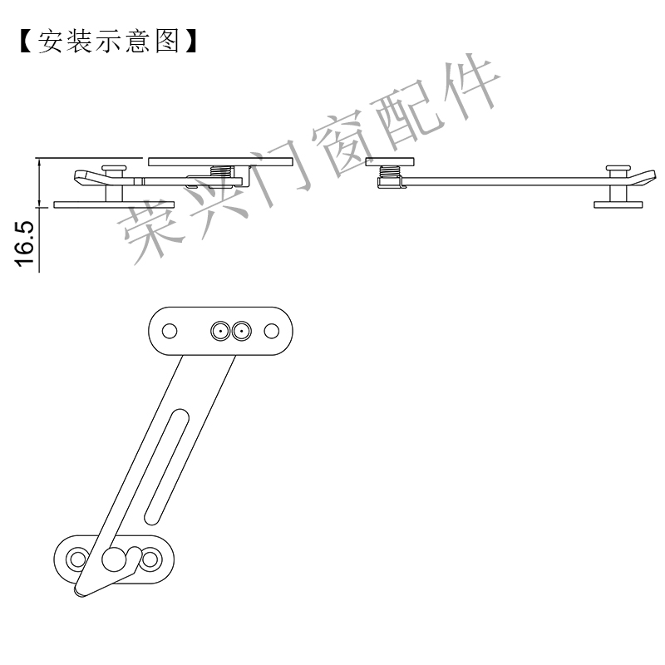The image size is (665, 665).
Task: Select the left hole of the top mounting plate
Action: pyautogui.click(x=170, y=332)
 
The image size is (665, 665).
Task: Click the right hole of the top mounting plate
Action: pyautogui.click(x=271, y=332)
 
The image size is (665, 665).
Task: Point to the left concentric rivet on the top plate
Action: pyautogui.click(x=220, y=332)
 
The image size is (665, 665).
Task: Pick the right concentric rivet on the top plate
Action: pyautogui.click(x=241, y=332)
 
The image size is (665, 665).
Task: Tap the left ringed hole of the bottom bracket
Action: pyautogui.click(x=77, y=558)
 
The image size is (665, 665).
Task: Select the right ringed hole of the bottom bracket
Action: pyautogui.click(x=150, y=558)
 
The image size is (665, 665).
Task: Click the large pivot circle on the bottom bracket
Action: pyautogui.click(x=111, y=559)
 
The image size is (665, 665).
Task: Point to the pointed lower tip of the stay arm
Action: pyautogui.click(x=81, y=591)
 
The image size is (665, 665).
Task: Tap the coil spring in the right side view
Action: pyautogui.click(x=389, y=177)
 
